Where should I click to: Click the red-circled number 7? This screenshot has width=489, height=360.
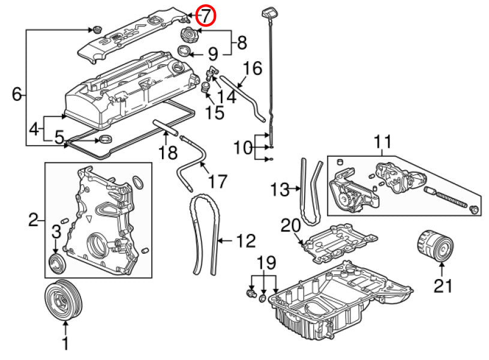click(x=206, y=16)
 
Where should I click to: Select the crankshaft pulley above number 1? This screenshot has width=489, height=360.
click(x=64, y=299)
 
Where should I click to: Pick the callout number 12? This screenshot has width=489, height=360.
click(x=246, y=241)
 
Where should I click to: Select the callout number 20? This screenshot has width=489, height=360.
click(x=290, y=226)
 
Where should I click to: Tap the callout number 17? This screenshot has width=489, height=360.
click(x=217, y=181)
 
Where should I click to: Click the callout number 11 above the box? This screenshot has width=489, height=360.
click(x=382, y=142)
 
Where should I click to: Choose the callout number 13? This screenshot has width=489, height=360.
click(x=280, y=190)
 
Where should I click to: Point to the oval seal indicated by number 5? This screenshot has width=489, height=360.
click(x=106, y=139)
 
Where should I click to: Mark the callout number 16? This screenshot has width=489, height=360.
click(x=252, y=68)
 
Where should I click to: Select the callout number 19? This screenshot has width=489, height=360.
click(x=266, y=263)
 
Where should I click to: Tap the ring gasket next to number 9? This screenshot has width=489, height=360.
click(x=184, y=51)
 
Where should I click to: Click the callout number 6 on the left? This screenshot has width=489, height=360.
click(x=17, y=94)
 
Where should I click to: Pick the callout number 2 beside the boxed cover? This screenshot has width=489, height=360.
click(x=33, y=220)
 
